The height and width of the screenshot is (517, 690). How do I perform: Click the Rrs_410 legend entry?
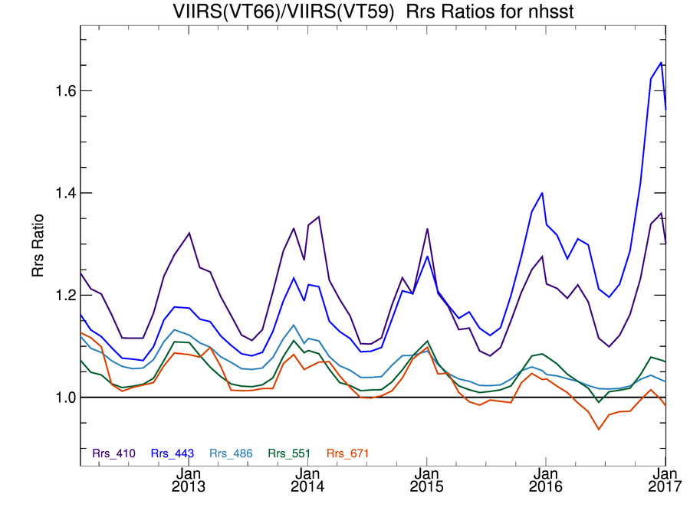113,453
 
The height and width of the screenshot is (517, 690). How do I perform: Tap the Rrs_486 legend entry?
231,453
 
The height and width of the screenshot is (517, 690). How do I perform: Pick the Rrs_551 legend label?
289,453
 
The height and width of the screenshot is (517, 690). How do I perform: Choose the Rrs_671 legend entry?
348,453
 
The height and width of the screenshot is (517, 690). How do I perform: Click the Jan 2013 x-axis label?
188,479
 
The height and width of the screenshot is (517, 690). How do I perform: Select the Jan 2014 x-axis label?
307,479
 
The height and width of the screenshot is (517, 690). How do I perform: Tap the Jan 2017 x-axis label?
665,479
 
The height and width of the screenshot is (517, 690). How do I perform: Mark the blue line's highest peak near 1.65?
661,63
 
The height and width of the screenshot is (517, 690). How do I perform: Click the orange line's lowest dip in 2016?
598,429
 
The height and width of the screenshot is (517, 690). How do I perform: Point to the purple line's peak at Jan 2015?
427,229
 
